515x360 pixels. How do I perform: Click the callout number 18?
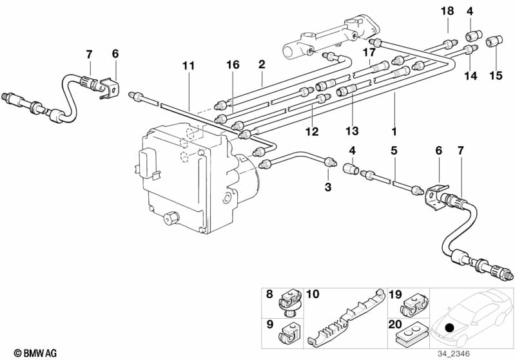[447, 11]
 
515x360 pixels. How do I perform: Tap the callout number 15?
[496, 75]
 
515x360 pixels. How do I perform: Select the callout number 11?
[188, 66]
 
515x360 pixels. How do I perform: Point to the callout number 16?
[233, 64]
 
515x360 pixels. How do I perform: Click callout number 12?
[312, 131]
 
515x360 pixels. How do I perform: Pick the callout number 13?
[352, 131]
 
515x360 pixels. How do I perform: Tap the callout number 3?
[328, 187]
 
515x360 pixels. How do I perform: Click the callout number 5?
[394, 151]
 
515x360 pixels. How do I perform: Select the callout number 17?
[369, 52]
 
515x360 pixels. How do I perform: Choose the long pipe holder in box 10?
[347, 319]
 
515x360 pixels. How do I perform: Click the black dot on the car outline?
[450, 328]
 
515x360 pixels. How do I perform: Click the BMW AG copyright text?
[35, 353]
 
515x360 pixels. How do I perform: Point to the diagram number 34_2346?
[453, 354]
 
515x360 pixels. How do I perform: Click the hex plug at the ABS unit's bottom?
[171, 218]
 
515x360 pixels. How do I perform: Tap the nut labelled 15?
[494, 41]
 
